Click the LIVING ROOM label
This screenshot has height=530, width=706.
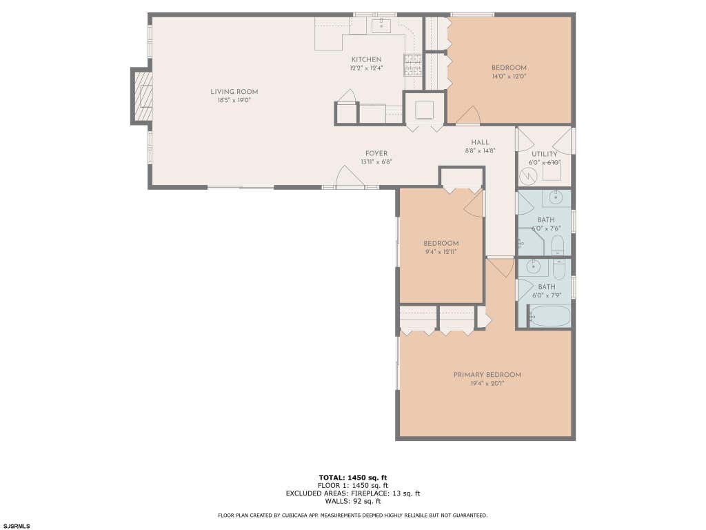pos(234,92)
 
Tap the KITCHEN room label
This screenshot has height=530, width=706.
pos(367,59)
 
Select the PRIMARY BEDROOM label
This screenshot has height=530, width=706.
pos(487,375)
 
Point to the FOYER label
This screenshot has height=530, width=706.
pos(376,153)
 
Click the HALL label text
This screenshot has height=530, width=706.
pos(480,142)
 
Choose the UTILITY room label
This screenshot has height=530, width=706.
pos(545,154)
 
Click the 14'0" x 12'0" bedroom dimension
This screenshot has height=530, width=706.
pos(509,77)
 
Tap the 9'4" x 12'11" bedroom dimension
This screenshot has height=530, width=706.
pos(441,252)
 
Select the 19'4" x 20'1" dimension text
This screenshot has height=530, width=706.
pos(487,384)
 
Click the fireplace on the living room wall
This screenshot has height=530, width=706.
pos(142,95)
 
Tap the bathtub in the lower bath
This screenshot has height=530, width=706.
pos(549,316)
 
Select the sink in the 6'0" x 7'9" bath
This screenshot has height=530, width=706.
pos(534,266)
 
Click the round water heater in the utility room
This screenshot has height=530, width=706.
pos(528,176)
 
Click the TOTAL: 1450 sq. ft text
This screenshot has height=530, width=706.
pos(352,478)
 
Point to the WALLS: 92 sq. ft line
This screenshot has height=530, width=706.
pos(352,501)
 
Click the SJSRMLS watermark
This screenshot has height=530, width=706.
pos(17,526)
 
